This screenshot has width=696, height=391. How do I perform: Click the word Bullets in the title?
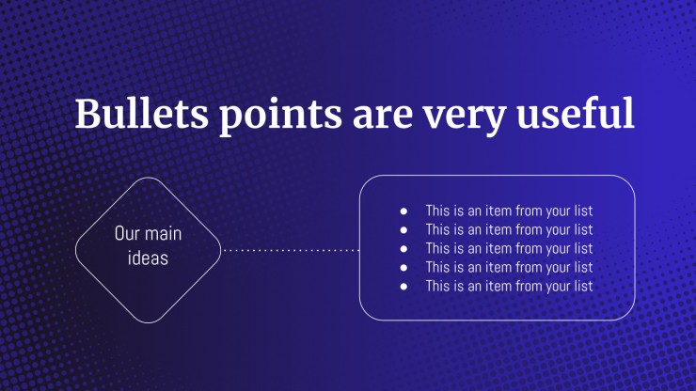coord(142,113)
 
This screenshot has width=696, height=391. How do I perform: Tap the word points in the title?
coord(281,117)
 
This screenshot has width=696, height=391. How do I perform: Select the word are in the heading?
coord(383,117)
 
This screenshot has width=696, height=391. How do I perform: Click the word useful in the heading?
coord(576,113)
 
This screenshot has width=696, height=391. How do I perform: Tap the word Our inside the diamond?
coord(124,233)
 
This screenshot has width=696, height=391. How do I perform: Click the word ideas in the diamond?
coord(148,258)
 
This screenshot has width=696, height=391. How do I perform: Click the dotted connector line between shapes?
coord(291,250)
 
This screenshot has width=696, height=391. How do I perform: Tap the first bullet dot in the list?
coord(403,211)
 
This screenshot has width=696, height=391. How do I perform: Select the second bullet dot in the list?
coord(403,230)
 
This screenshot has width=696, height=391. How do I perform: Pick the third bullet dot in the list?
coord(403,249)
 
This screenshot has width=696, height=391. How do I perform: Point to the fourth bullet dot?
coord(403,268)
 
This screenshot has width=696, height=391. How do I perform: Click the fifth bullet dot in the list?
coord(403,287)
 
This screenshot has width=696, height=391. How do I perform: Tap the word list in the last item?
coord(583,286)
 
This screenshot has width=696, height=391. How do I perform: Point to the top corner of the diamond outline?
coord(149,178)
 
